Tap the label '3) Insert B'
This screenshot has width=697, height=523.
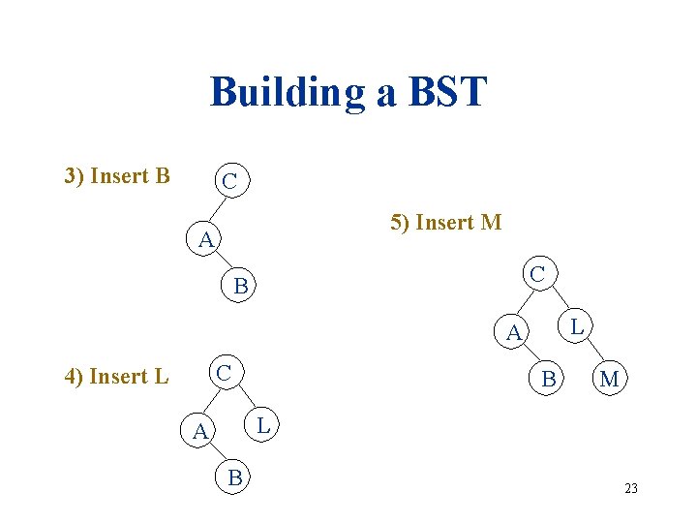coord(117,175)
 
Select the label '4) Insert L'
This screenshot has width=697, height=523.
coord(116,376)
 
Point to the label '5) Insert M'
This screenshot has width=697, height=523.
coord(445,222)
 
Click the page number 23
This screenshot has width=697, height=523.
coord(631,488)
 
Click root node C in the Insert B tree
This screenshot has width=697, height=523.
coord(230,181)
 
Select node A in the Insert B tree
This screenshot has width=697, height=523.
coord(204,239)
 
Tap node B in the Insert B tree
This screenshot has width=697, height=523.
coord(242,286)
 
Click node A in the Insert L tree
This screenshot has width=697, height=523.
coord(199,431)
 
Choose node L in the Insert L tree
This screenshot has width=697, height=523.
coord(262,422)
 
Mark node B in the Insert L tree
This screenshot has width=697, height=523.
coord(234,477)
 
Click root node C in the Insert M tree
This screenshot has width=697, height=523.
coord(537,274)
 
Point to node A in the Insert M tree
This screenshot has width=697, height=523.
coord(514,333)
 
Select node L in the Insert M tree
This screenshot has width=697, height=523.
coord(576,326)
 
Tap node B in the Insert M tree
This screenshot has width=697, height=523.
coord(549,380)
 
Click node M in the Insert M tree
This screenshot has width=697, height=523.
coord(609,380)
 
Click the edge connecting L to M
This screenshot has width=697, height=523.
coord(591,354)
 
